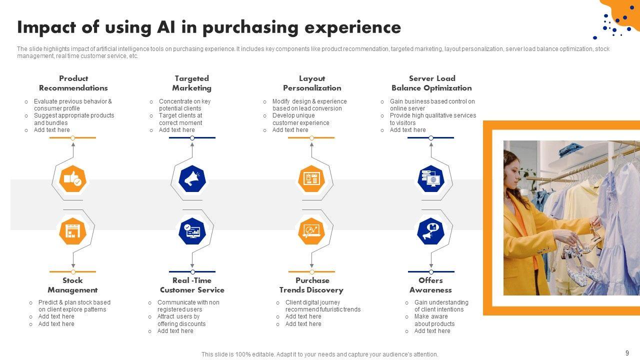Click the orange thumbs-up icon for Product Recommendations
click(73, 178)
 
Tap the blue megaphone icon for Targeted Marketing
click(192, 178)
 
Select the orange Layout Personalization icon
click(311, 178)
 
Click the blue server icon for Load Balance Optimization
click(431, 178)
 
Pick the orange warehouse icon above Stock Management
click(73, 231)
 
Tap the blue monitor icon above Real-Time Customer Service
click(192, 231)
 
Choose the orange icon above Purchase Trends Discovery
click(311, 231)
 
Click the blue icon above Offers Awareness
click(431, 231)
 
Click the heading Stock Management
click(72, 285)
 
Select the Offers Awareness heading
click(430, 285)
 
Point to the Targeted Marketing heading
click(191, 83)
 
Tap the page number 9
click(627, 352)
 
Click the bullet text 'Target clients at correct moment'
click(180, 119)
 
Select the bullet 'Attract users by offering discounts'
click(181, 320)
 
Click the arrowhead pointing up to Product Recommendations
click(73, 145)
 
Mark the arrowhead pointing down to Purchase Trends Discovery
click(311, 265)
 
